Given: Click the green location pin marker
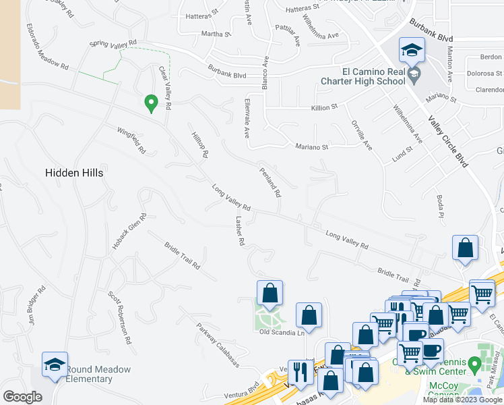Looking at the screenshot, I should (152, 103).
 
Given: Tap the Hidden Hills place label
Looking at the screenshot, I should (74, 173).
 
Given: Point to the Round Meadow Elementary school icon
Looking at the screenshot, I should (55, 365).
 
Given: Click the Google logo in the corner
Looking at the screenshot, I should (22, 397).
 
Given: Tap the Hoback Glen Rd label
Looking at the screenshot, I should (129, 232).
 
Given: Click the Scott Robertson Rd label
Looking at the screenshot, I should (119, 317).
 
